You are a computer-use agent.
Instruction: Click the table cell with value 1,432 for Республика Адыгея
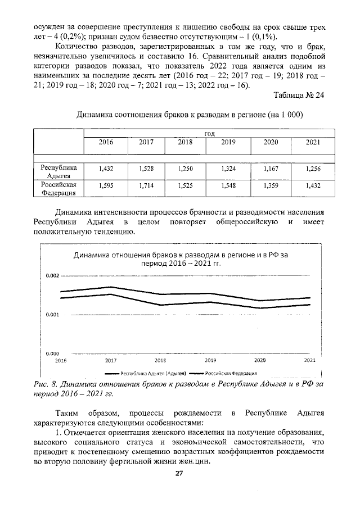(105, 168)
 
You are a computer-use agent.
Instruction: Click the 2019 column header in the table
(228, 142)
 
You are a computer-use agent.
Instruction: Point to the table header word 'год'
(210, 133)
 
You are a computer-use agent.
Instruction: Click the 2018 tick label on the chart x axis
(160, 360)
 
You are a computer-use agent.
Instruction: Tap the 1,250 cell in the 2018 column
(185, 168)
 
